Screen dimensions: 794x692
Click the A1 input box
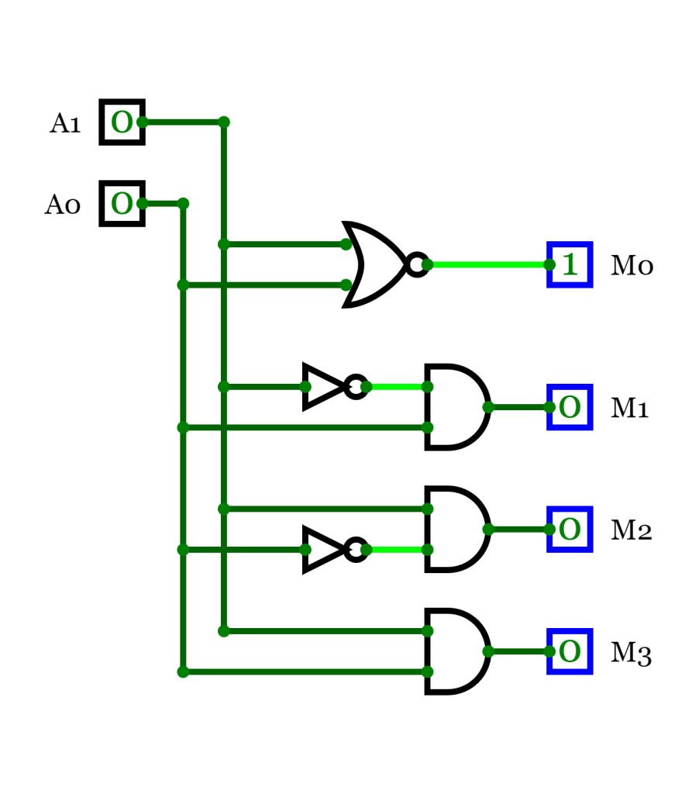tap(122, 122)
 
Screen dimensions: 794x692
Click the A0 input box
tap(122, 203)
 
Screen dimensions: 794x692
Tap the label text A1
tap(66, 123)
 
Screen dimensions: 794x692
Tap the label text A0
tap(63, 205)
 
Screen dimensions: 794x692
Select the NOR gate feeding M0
tap(376, 264)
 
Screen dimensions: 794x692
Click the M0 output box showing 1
tap(570, 264)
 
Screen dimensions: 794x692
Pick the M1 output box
tap(570, 407)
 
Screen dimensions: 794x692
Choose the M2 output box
tap(570, 529)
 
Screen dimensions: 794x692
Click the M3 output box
tap(570, 651)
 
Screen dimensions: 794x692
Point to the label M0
tap(632, 267)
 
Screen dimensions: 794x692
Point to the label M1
tap(630, 409)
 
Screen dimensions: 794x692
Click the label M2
tap(632, 531)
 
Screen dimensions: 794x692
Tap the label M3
tap(632, 654)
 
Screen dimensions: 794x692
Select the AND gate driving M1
tap(456, 406)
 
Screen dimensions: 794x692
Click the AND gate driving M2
tap(456, 529)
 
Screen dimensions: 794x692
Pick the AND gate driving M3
tap(456, 651)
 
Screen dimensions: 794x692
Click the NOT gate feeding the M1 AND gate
tap(324, 386)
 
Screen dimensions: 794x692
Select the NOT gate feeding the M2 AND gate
tap(324, 549)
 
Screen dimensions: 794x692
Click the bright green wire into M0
tap(488, 264)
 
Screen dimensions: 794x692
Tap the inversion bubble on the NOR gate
tap(417, 264)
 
